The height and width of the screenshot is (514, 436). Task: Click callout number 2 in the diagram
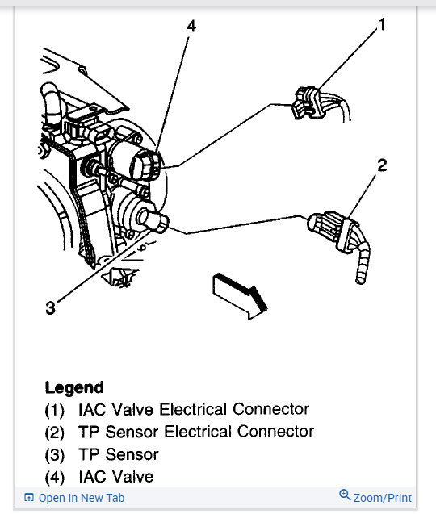pyautogui.click(x=382, y=166)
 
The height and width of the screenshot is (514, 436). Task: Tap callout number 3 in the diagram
pyautogui.click(x=50, y=307)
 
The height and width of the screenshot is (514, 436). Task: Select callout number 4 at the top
pyautogui.click(x=191, y=27)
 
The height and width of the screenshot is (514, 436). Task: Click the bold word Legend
pyautogui.click(x=74, y=387)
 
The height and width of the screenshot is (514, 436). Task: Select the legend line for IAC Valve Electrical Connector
pyautogui.click(x=177, y=410)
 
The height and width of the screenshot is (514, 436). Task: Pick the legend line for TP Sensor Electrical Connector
pyautogui.click(x=179, y=433)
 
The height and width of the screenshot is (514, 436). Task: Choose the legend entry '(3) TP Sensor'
pyautogui.click(x=102, y=454)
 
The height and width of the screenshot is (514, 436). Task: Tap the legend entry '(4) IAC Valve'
pyautogui.click(x=99, y=477)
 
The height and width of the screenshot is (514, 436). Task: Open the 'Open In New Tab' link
pyautogui.click(x=82, y=498)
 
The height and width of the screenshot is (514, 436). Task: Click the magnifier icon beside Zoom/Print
pyautogui.click(x=345, y=496)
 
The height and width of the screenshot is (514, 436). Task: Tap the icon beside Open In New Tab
pyautogui.click(x=29, y=498)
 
